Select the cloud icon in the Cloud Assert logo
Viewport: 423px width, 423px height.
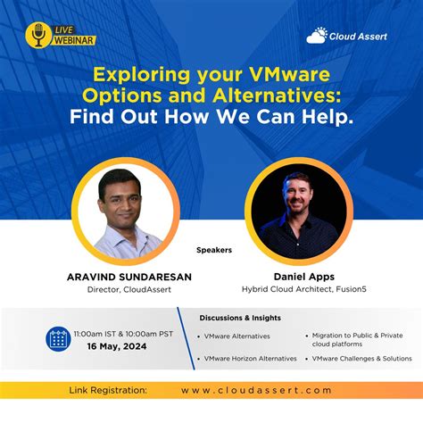pyautogui.click(x=318, y=36)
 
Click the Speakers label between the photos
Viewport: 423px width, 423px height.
pyautogui.click(x=213, y=250)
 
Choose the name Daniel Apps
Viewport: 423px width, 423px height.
pyautogui.click(x=297, y=277)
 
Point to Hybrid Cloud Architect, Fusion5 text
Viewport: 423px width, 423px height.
pyautogui.click(x=297, y=289)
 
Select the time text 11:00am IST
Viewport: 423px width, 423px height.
pyautogui.click(x=93, y=331)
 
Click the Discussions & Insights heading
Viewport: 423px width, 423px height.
pyautogui.click(x=240, y=318)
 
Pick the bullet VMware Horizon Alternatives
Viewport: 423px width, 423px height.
pyautogui.click(x=250, y=358)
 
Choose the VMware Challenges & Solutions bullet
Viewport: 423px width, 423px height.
pyautogui.click(x=361, y=358)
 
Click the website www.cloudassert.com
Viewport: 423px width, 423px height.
pyautogui.click(x=256, y=390)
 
